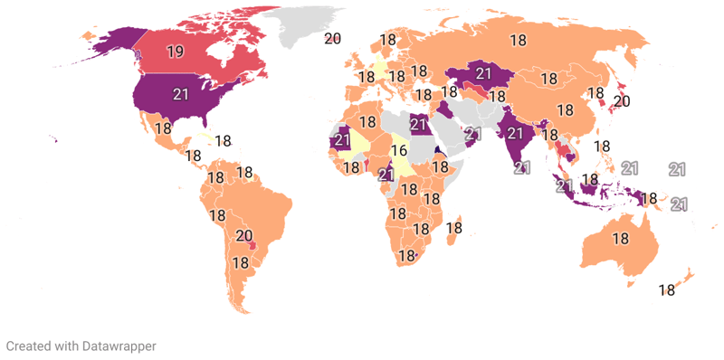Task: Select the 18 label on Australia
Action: click(620, 239)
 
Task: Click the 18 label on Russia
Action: click(518, 40)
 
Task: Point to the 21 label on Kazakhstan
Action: click(483, 74)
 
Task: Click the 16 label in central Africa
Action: click(399, 150)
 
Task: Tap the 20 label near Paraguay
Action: click(244, 236)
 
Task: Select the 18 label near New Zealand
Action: click(667, 290)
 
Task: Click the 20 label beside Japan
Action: click(622, 101)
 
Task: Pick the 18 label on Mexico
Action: click(163, 128)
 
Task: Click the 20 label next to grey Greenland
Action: click(332, 38)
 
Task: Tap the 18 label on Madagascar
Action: click(454, 229)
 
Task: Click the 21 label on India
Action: click(516, 133)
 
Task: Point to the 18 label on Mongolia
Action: click(548, 79)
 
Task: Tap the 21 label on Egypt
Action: click(418, 124)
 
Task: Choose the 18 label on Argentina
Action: click(240, 263)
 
